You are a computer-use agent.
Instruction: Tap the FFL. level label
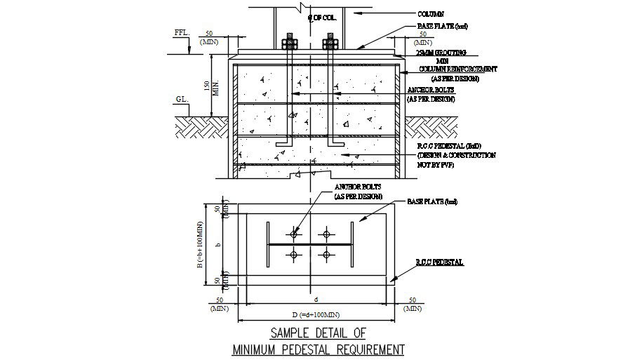click(182, 33)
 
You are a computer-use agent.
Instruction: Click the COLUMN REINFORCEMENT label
click(458, 69)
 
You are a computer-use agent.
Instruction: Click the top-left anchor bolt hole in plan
click(294, 234)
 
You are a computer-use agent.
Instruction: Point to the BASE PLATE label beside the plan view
click(431, 202)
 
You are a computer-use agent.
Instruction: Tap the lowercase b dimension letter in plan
click(219, 245)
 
